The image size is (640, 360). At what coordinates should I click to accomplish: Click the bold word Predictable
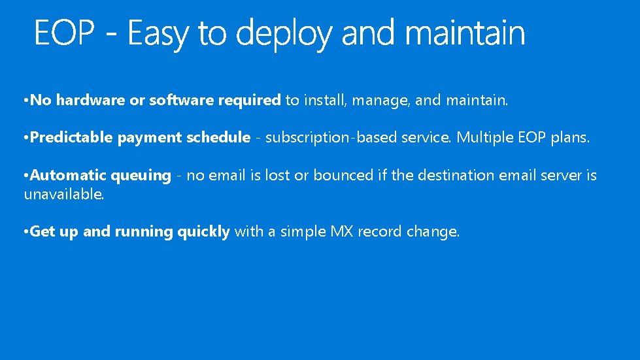tap(72, 138)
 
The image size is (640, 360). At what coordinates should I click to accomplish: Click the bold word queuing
tap(141, 176)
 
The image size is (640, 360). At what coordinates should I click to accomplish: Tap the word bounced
tap(340, 175)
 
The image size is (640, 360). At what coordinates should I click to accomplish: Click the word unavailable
tap(63, 194)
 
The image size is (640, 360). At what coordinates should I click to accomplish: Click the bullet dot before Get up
tap(25, 232)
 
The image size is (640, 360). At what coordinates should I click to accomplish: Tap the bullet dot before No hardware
tap(25, 101)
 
